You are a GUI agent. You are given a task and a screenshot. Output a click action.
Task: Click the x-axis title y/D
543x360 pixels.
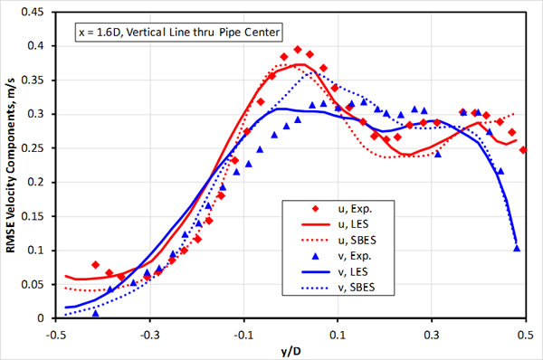point(289,350)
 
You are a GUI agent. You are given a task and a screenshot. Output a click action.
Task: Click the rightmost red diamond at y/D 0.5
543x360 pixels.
point(524,149)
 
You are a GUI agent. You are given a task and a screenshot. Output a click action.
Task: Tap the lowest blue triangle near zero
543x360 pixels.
point(96,313)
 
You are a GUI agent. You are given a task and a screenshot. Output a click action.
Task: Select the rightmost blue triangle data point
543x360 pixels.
point(517,248)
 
